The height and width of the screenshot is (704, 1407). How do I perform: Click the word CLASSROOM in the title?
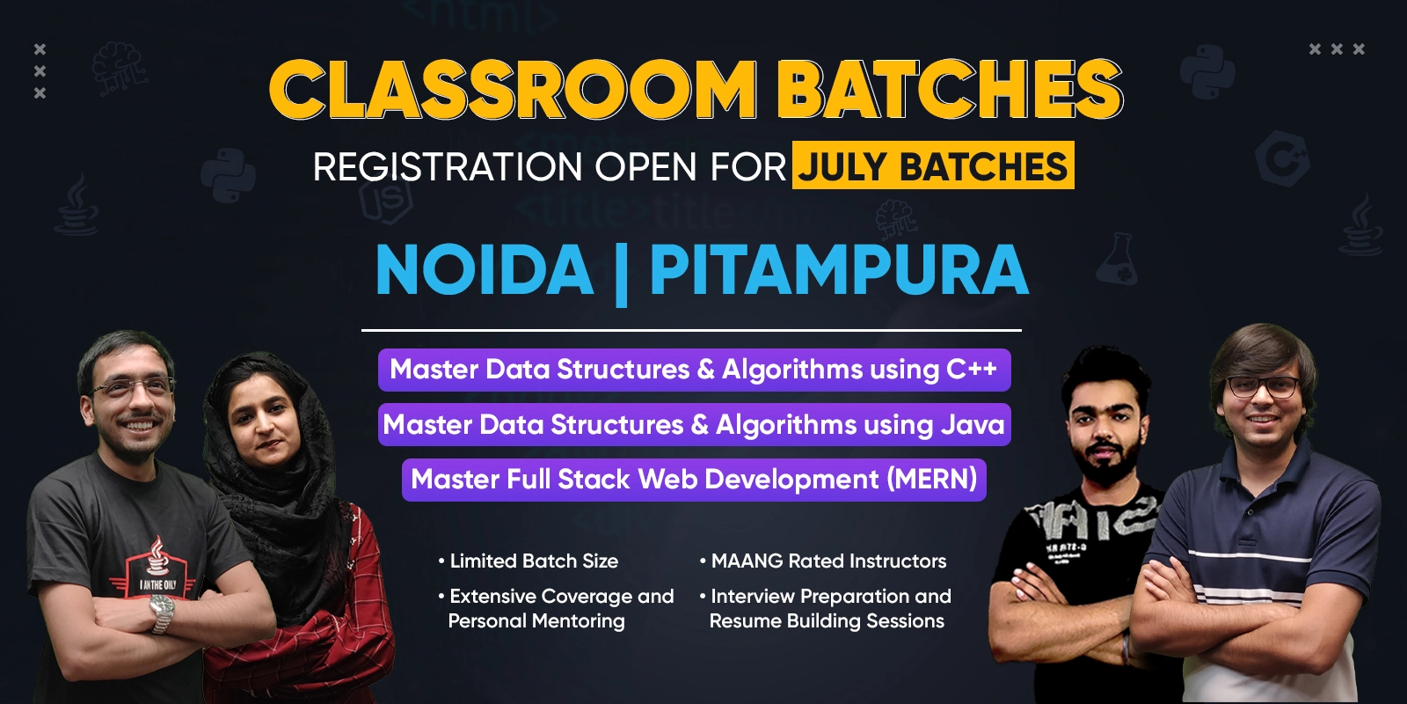pos(511,89)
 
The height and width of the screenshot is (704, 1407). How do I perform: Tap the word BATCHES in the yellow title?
pos(950,89)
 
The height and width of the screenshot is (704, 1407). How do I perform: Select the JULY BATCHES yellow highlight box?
pos(933,165)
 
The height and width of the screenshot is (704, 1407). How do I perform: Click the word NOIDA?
pos(485,269)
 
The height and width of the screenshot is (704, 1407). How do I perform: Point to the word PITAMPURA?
pos(839,269)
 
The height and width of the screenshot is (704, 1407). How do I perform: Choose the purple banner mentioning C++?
pos(694,370)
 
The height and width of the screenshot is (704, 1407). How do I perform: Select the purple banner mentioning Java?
pos(694,424)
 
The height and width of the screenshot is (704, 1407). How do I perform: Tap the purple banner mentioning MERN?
pos(694,480)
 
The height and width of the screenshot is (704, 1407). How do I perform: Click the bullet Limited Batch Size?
pos(529,561)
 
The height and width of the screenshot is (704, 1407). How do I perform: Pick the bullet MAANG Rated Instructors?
pos(823,561)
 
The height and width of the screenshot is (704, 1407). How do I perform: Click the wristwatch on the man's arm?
pos(162,612)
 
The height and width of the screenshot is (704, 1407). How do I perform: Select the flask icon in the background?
pos(1118,259)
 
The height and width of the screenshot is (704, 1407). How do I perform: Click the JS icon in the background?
pos(386,202)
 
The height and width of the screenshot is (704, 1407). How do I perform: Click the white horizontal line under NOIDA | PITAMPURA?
pos(691,330)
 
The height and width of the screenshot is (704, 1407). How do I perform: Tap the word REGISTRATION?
pos(448,166)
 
